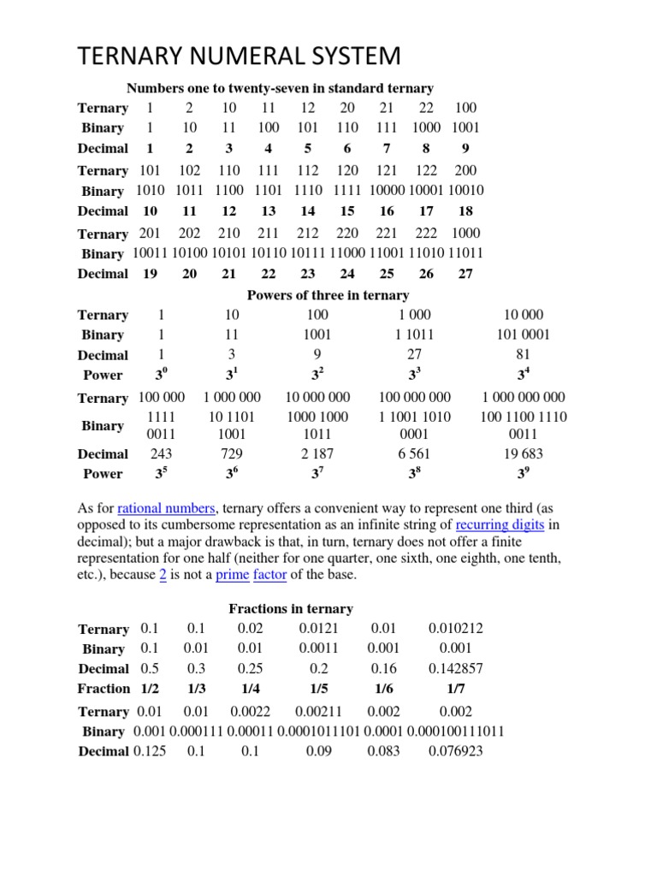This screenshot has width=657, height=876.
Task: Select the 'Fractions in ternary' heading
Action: (290, 609)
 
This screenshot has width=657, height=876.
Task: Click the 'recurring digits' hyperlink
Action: (500, 525)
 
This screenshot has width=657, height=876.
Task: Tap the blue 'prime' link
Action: (232, 575)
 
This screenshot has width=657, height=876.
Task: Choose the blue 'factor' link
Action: (269, 575)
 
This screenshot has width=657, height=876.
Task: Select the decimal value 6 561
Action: (414, 453)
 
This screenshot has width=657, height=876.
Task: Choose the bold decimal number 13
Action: (269, 210)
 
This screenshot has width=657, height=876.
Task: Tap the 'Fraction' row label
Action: (104, 689)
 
